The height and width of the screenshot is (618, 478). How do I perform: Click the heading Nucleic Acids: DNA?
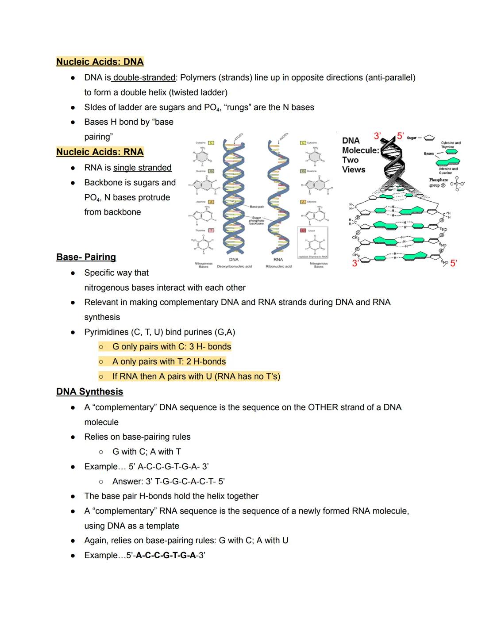click(x=100, y=62)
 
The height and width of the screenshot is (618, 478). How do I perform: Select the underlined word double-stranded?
click(x=144, y=78)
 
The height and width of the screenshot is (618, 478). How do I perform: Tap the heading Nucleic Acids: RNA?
click(x=100, y=152)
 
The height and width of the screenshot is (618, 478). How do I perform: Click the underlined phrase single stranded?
click(x=142, y=168)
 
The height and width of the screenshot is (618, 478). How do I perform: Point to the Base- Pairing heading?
click(x=86, y=257)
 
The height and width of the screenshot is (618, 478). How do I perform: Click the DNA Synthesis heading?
click(x=89, y=392)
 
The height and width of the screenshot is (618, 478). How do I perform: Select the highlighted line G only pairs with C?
click(x=171, y=347)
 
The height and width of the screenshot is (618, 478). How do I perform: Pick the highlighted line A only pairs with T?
click(x=169, y=362)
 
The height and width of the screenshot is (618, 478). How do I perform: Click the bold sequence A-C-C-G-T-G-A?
click(x=166, y=556)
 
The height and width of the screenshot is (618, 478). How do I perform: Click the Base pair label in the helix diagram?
click(x=257, y=207)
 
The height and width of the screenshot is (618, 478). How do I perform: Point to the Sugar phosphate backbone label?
click(x=256, y=220)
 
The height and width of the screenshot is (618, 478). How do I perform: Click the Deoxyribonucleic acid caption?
click(x=234, y=267)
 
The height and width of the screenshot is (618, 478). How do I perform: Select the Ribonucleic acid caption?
click(x=278, y=267)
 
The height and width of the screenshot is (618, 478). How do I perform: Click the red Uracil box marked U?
click(x=303, y=230)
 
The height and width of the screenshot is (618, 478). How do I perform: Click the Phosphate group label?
click(x=438, y=182)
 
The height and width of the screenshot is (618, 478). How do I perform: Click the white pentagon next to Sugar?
click(x=429, y=138)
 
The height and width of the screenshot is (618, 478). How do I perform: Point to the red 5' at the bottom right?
click(x=453, y=263)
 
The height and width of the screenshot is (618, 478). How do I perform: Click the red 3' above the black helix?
click(x=377, y=135)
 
